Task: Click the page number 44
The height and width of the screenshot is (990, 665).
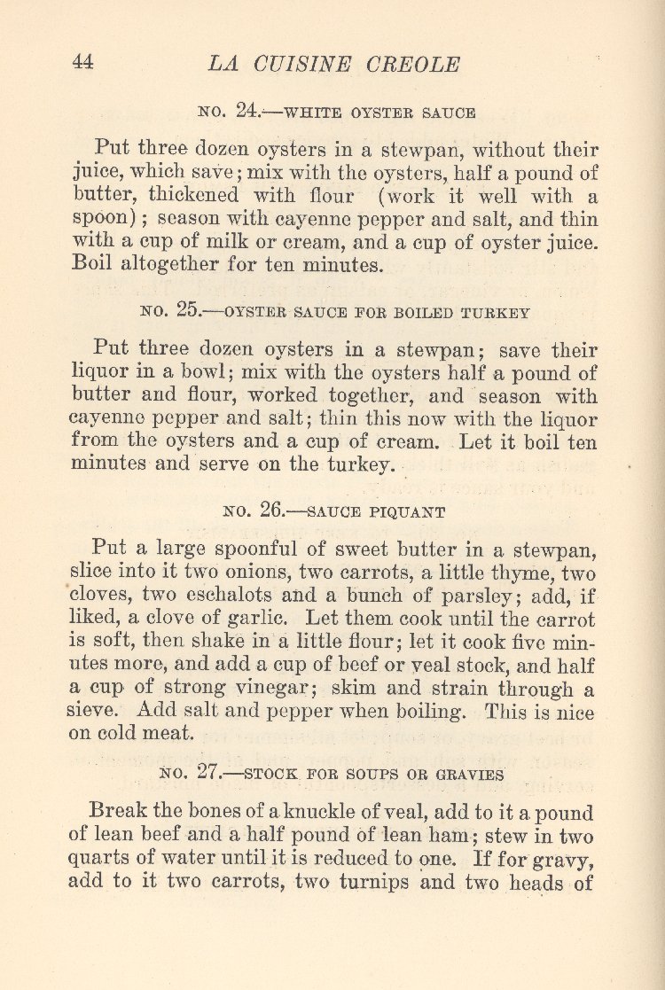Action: (x=82, y=62)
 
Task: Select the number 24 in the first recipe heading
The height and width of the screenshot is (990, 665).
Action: (x=247, y=112)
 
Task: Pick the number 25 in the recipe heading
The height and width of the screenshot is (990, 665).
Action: (x=189, y=311)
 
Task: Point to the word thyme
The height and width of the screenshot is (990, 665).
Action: (x=505, y=573)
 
